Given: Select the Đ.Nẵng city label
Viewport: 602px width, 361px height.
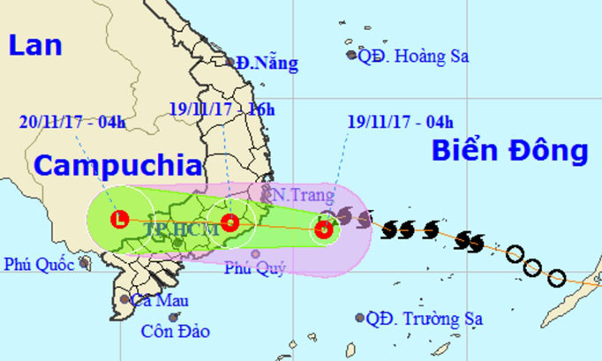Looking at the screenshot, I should [266, 63].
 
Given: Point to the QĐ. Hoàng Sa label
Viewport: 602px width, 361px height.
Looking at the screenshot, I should [412, 56].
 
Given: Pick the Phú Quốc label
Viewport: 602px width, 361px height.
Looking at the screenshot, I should [39, 263].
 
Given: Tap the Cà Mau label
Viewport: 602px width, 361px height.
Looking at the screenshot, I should [160, 300].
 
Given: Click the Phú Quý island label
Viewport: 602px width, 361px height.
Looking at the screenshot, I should [255, 268].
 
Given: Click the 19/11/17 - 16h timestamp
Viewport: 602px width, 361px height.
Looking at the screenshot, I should [222, 109].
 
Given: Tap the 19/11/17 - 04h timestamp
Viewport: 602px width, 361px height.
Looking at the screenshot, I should [389, 122].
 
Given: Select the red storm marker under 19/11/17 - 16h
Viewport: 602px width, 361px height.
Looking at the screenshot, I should [230, 222].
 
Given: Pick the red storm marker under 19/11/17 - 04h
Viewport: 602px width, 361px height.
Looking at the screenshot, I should [325, 231].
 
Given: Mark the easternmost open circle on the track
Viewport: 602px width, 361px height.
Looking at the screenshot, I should [557, 279].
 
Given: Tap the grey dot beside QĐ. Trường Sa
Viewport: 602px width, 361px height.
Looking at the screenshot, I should [360, 318].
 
